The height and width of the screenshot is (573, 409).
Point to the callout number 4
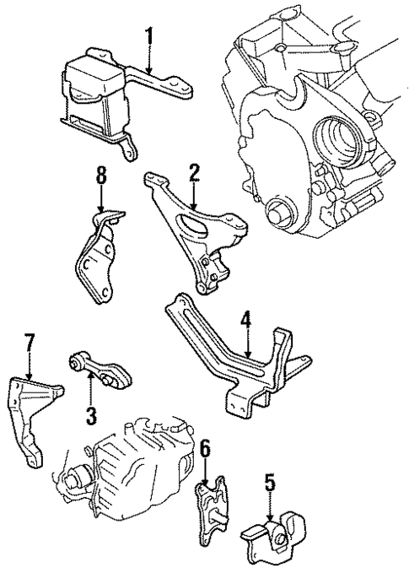(245, 320)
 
